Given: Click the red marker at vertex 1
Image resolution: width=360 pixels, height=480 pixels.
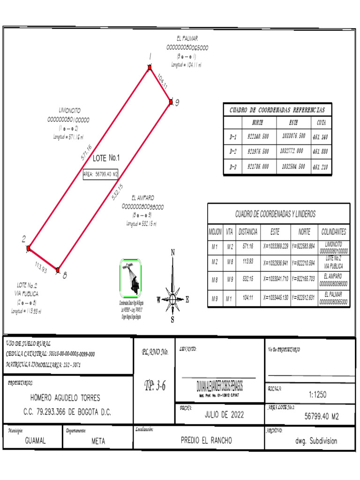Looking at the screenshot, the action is coord(150,68).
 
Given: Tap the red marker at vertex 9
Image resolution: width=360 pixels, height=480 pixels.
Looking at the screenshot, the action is coord(171,101).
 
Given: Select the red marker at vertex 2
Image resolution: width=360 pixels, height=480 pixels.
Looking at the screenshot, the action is coord(29,247).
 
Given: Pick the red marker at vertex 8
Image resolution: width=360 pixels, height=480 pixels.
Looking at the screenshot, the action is coord(58,270).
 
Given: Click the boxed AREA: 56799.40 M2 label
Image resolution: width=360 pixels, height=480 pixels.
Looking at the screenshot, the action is coord(100,174).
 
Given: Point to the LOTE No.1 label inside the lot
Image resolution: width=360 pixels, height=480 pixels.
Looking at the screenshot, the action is coord(106,158).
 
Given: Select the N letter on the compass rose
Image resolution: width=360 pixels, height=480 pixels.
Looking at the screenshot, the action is coord(173,252).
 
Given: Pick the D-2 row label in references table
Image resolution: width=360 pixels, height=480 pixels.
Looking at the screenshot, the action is coord(232,151).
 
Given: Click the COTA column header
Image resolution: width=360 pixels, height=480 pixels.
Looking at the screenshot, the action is coord(321,123).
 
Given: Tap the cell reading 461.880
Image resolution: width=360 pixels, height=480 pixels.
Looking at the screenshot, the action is coord(321,151).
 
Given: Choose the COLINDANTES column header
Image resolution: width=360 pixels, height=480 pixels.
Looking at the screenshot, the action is coord(334,232).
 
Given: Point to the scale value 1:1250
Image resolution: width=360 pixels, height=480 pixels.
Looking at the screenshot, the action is coord(317,395).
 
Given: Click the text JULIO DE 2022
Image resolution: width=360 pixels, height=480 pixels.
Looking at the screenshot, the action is coord(224,414).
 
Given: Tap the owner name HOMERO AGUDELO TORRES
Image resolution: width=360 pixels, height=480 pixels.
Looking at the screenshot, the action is coord(65,398).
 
